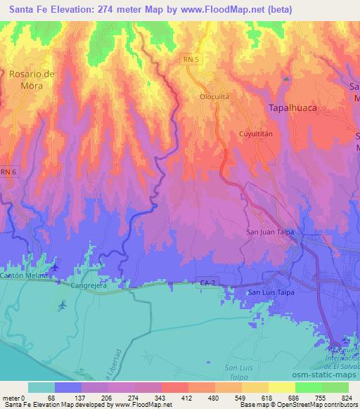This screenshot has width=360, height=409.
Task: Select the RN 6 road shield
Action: coord(8,171)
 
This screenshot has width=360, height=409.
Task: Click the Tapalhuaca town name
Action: coord(292,108)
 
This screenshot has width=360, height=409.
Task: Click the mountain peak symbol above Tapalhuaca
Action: coord(286,79)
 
